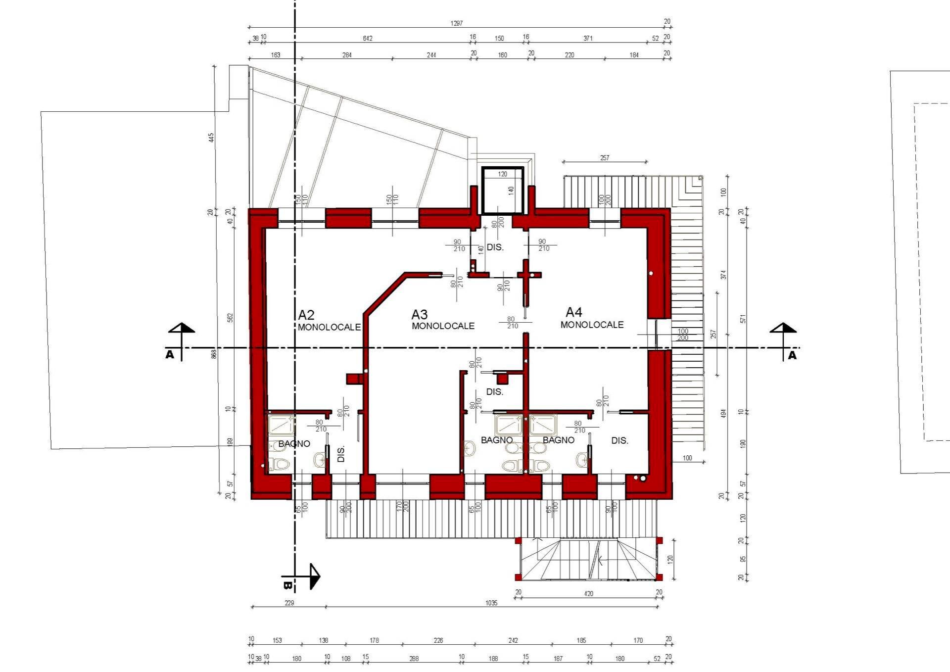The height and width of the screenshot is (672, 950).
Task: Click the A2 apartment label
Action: point(306,315)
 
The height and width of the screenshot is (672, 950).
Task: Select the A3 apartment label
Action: point(420,314)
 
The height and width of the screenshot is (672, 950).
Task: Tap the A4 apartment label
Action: point(574,312)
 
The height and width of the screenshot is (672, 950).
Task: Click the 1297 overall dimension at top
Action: point(457,23)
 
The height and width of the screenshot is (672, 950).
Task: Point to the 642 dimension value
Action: point(368,38)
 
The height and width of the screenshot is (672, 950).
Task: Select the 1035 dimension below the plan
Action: point(491,603)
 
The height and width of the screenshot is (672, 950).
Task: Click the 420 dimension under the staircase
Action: point(588,593)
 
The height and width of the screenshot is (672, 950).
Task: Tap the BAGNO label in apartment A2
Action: point(294,443)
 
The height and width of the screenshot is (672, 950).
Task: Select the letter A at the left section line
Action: point(170,354)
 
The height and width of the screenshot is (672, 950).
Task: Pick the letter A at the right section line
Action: point(792,355)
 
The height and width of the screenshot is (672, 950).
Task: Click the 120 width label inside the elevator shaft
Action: point(503,174)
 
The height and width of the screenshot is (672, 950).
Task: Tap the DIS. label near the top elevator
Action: point(495,247)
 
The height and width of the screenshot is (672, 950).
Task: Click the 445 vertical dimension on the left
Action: point(212,138)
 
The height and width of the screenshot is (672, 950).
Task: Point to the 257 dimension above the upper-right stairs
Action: point(605,158)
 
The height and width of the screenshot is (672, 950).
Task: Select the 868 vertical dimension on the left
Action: point(214,354)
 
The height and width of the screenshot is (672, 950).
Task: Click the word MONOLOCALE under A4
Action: point(592,325)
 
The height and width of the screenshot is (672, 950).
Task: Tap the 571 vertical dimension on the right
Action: point(743,319)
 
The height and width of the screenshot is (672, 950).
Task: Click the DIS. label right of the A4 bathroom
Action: point(619,440)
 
